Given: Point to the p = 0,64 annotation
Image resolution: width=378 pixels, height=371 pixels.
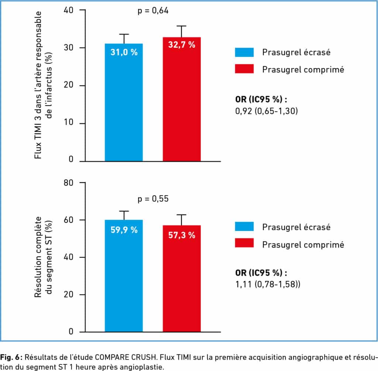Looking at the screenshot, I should click(x=153, y=11).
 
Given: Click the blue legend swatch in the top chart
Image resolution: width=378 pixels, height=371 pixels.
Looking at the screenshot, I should click(x=244, y=52).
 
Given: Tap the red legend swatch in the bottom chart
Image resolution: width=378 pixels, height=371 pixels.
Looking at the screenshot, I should click(x=244, y=243).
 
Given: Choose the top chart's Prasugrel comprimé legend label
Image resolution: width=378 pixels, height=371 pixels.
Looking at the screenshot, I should click(x=303, y=69).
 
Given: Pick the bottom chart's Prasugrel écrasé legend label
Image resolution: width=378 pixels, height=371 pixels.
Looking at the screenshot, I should click(x=296, y=227).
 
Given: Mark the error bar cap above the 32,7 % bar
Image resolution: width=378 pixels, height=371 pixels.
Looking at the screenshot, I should click(x=182, y=26).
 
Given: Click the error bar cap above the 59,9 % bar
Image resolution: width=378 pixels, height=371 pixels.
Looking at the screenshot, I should click(x=124, y=211).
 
